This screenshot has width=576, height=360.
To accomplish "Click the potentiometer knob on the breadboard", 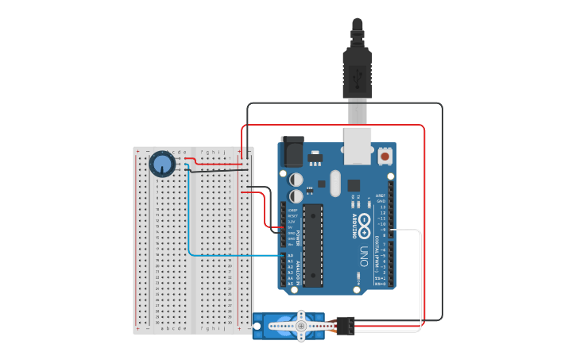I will click(x=162, y=165).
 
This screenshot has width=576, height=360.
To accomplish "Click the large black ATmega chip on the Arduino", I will click(x=313, y=245).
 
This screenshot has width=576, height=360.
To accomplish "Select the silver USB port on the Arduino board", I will click(x=358, y=145).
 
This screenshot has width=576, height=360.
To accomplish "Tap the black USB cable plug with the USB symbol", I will click(x=357, y=75).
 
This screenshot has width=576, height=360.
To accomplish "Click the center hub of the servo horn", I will click(x=301, y=325).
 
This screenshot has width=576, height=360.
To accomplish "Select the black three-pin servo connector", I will click(x=346, y=325).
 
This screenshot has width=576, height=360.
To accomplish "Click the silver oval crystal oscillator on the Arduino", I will click(x=334, y=183).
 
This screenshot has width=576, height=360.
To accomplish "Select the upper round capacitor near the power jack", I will click(x=296, y=180).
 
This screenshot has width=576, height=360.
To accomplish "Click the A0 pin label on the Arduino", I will click(x=290, y=256).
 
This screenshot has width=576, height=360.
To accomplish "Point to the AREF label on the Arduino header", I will click(x=381, y=195).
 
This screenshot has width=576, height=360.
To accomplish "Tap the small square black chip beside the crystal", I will click(x=354, y=185).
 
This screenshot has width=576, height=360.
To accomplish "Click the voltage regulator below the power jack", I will click(x=315, y=156).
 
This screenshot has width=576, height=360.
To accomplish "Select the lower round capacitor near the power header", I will click(x=296, y=195).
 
